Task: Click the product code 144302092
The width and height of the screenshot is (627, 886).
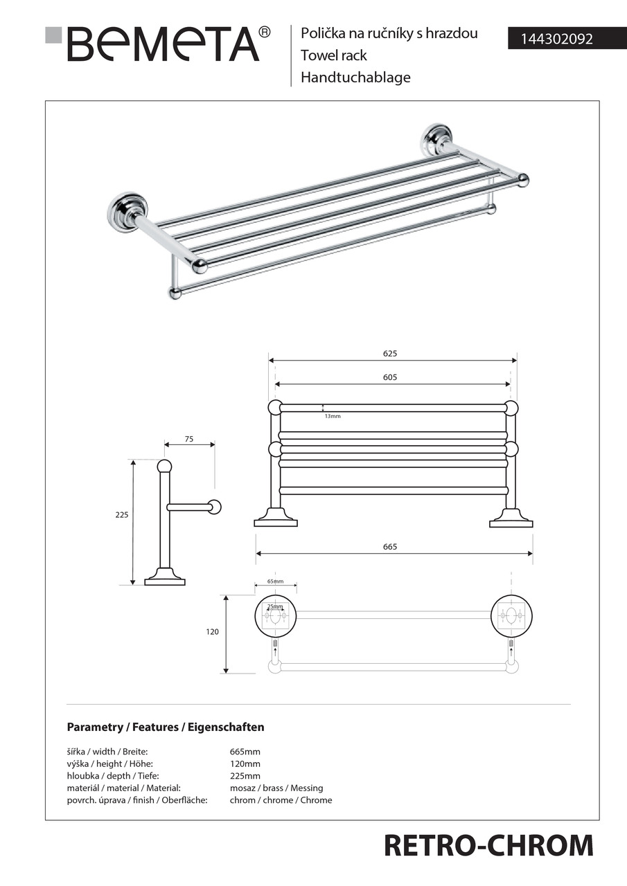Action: [x=551, y=39]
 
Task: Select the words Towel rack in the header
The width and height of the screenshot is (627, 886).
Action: [x=334, y=55]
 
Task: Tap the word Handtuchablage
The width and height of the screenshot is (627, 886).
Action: [x=355, y=78]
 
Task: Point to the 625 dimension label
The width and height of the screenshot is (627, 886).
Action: [x=390, y=354]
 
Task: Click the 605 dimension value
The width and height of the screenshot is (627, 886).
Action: [x=390, y=378]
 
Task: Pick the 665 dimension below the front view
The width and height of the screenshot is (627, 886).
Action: [x=390, y=547]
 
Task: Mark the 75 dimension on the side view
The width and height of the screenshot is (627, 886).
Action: [x=189, y=439]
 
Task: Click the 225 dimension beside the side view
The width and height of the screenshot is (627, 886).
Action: [x=123, y=515]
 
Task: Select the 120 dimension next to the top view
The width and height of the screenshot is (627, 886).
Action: [x=213, y=632]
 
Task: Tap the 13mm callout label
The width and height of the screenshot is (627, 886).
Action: [x=333, y=416]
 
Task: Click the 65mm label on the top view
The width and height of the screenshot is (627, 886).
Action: [x=275, y=582]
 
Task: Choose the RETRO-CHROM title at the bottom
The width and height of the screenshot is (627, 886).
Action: [x=488, y=846]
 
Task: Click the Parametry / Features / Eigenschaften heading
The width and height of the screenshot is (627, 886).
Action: [x=166, y=727]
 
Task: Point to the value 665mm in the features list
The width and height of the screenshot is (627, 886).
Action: [x=245, y=752]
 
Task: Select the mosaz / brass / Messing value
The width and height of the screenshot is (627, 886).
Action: [x=276, y=788]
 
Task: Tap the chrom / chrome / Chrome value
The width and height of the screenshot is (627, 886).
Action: [x=281, y=800]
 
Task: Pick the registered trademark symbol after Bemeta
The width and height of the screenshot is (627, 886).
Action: [x=264, y=33]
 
